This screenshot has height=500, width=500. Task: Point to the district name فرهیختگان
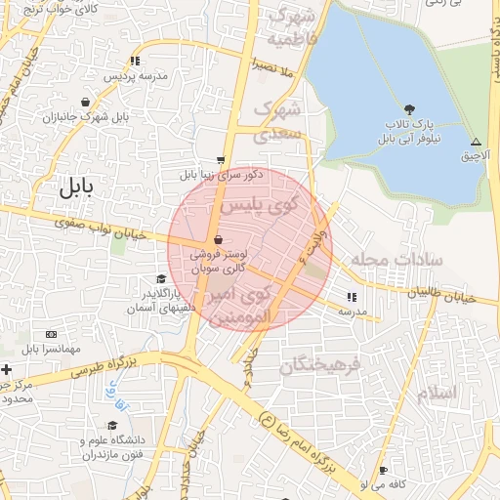320,365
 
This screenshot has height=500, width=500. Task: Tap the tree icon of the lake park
408,108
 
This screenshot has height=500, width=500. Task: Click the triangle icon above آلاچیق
476,141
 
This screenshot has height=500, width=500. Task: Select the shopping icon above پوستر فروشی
217,239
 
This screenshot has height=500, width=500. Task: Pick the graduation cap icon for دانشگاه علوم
112,426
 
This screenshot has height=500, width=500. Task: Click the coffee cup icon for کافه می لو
383,470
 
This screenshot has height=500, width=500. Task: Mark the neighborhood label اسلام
436,393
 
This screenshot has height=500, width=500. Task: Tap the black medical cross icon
7,369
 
